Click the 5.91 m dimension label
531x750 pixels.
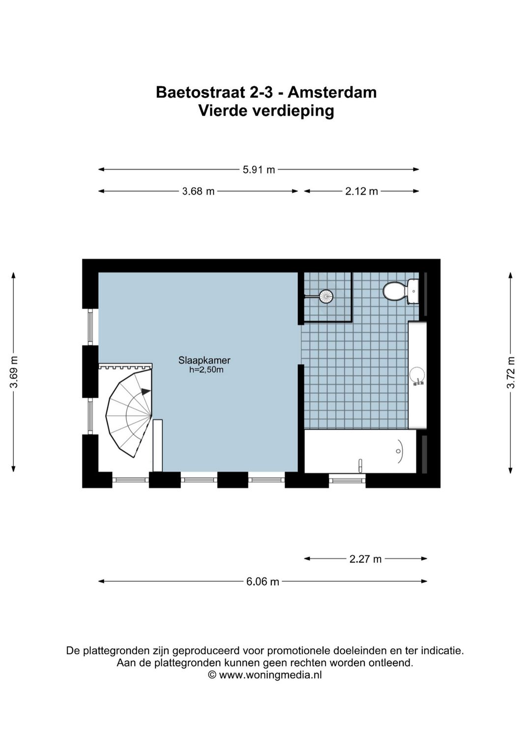point(259,170)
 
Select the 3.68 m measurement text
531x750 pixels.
point(198,192)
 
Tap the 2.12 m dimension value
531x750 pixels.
point(361,192)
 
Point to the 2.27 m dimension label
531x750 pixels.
point(365,559)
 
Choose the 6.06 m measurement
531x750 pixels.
point(263,581)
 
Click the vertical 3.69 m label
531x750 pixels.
point(14,372)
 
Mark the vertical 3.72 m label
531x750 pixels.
point(510,373)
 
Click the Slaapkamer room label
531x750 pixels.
point(205,361)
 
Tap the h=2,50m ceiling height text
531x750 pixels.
point(206,370)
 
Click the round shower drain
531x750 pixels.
point(326,296)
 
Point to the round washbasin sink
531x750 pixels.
point(417,375)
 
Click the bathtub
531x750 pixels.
point(360,452)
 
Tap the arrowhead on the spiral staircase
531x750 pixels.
point(146,391)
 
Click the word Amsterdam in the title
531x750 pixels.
point(332,92)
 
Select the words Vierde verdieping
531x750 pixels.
point(266,111)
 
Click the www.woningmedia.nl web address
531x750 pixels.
point(270,675)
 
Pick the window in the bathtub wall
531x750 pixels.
point(347,481)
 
